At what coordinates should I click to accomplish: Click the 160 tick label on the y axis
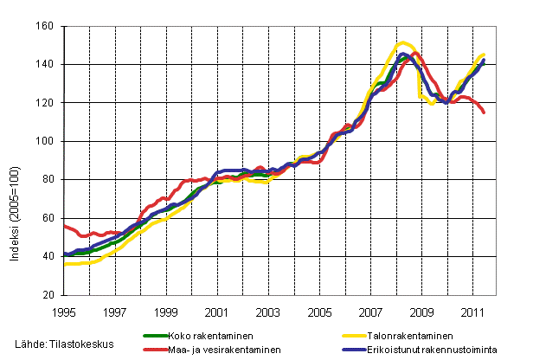tap(47, 27)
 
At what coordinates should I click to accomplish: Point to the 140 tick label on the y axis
tap(47, 65)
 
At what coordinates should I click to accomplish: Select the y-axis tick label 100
tap(47, 141)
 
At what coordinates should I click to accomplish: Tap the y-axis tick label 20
tap(49, 295)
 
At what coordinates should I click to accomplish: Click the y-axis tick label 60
tap(49, 218)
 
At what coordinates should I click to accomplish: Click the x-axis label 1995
tap(64, 310)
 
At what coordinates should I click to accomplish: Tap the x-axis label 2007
tap(370, 310)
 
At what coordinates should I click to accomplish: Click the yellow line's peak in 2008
tap(403, 42)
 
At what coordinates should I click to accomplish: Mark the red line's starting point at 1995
tap(65, 225)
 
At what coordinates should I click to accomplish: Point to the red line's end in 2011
tap(485, 112)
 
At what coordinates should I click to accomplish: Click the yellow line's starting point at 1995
tap(65, 264)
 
